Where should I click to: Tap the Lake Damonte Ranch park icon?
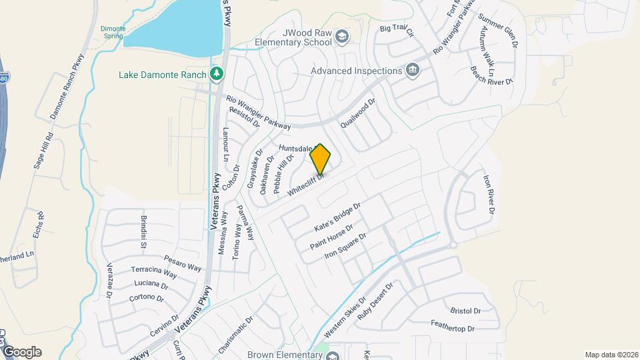[215, 74]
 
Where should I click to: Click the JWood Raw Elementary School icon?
[342, 37]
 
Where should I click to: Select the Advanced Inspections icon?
[413, 71]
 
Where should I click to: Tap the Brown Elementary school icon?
[332, 355]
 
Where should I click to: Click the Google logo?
[23, 352]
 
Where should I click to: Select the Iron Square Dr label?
[345, 246]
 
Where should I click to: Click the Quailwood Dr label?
[358, 113]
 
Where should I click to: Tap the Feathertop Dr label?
[452, 328]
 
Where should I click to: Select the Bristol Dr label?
[465, 311]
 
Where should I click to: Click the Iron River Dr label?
[489, 194]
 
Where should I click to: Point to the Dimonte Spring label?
[113, 31]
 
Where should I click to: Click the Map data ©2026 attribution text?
[611, 355]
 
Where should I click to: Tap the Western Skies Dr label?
[345, 317]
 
